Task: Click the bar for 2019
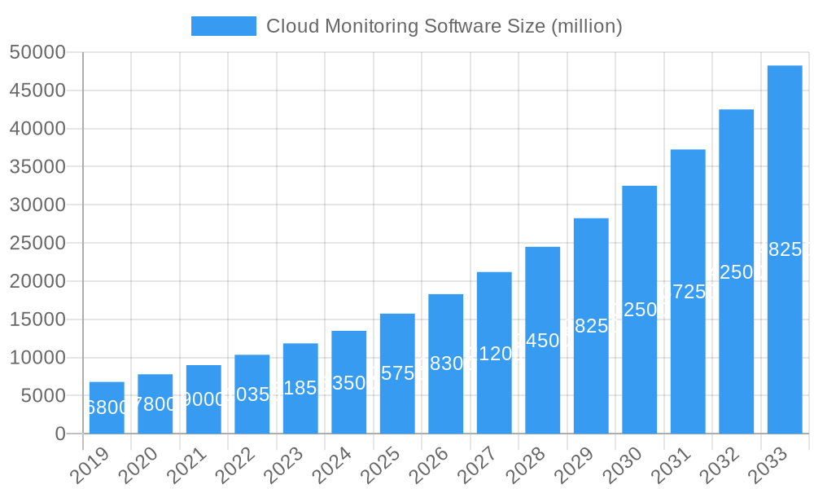[107, 407]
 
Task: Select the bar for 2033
[785, 249]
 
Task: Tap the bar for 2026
[446, 363]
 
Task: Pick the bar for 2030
[640, 310]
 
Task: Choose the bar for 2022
[252, 394]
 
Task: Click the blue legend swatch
[223, 26]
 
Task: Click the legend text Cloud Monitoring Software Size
[444, 26]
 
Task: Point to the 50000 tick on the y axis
[37, 52]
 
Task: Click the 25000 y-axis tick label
[37, 243]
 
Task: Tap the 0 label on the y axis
[60, 434]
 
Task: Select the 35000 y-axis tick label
[37, 167]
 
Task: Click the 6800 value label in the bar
[107, 407]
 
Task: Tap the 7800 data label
[155, 403]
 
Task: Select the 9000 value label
[203, 399]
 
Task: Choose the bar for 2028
[543, 340]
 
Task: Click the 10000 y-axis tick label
[37, 358]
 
